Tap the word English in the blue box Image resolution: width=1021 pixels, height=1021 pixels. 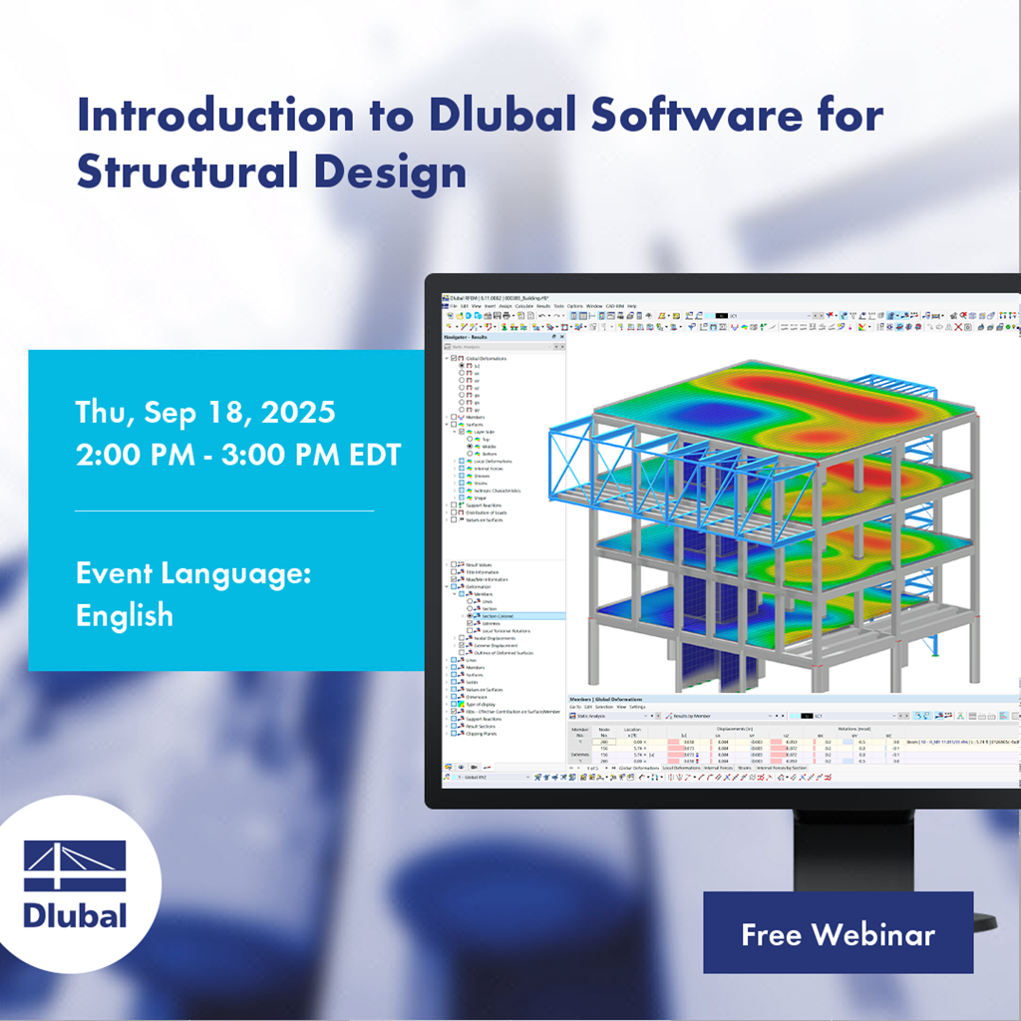(125, 615)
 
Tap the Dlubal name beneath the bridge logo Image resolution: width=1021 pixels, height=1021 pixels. (76, 915)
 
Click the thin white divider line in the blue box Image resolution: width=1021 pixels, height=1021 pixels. (224, 510)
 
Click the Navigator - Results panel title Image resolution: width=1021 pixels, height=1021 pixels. (471, 337)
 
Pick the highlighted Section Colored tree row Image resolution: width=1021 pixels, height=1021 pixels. (499, 616)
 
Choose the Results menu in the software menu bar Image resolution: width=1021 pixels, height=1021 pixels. (543, 306)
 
